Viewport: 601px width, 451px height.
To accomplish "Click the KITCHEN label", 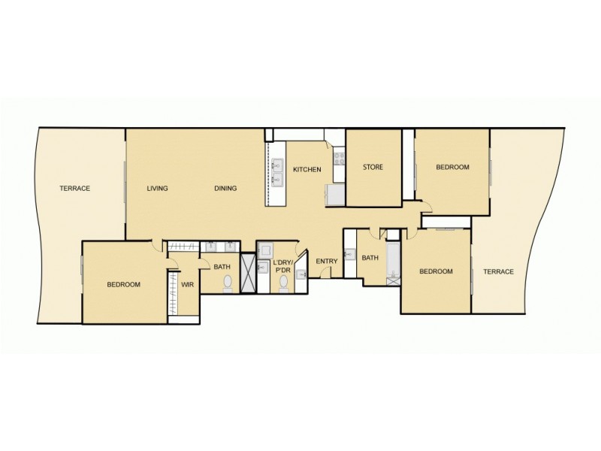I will (307, 170).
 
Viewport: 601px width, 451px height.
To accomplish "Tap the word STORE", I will (373, 167).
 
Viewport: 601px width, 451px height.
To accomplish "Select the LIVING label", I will (157, 188).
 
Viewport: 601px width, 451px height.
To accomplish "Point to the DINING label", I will (225, 188).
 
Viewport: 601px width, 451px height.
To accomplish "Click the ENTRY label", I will (327, 261).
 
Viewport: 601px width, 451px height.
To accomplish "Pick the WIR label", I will (187, 285).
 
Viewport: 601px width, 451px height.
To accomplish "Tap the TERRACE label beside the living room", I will (75, 188).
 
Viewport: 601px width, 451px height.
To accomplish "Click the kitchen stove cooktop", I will (339, 159).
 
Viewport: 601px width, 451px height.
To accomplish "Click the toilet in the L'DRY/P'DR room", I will (284, 284).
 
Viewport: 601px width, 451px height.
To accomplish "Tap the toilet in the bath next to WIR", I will (227, 283).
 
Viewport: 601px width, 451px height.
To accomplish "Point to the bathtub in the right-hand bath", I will (391, 264).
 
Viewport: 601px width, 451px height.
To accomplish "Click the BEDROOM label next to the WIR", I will (124, 284).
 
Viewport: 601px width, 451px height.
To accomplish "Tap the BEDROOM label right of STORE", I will (452, 167).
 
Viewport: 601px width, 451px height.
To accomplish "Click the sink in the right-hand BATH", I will (349, 254).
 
